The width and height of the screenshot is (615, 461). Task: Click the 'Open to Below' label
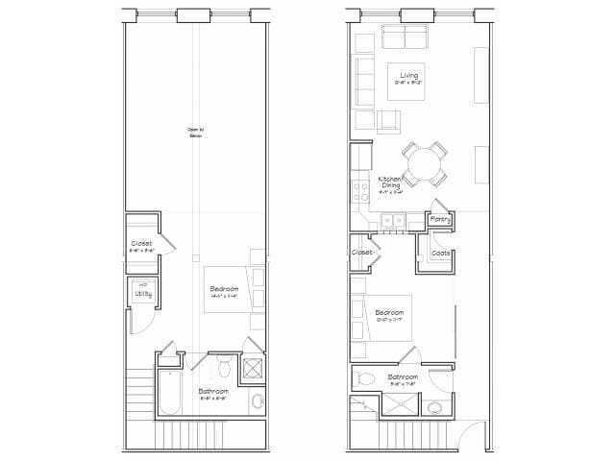click(x=195, y=133)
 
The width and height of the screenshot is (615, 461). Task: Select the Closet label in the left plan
click(x=141, y=244)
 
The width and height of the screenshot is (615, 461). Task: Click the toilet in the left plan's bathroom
click(x=223, y=366)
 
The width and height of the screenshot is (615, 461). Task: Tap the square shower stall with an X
click(x=255, y=369)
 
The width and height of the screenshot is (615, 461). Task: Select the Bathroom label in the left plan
click(x=213, y=392)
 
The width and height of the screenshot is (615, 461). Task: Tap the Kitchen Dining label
click(x=388, y=183)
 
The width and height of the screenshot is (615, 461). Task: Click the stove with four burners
click(x=362, y=189)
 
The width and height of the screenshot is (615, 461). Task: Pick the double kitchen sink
click(x=393, y=221)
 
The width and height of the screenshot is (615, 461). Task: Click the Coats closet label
click(x=441, y=253)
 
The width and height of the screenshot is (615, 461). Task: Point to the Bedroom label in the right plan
click(x=389, y=313)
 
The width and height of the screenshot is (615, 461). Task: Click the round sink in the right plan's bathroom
click(x=434, y=408)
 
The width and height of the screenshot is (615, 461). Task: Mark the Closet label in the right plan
click(x=362, y=252)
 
